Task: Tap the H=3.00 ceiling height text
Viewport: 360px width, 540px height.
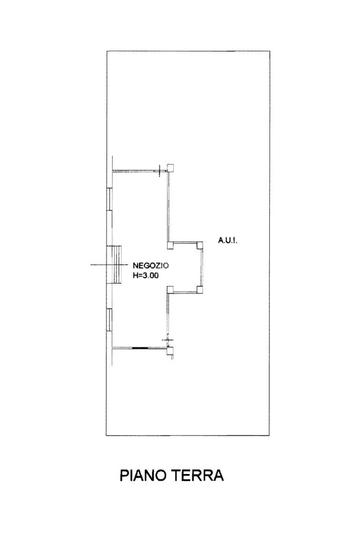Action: coord(145,275)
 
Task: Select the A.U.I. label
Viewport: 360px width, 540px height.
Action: coord(228,240)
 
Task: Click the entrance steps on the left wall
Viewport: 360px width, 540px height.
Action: coord(115,264)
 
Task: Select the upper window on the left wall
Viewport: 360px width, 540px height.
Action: coord(109,199)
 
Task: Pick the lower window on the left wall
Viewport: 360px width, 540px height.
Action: coord(109,320)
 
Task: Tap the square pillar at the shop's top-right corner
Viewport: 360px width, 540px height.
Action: coord(171,167)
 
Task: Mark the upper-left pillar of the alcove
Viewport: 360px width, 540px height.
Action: coord(170,245)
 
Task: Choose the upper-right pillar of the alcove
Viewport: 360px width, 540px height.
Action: coord(199,245)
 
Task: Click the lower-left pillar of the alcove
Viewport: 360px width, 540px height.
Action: coord(170,289)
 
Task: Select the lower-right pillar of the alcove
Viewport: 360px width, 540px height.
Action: coord(199,289)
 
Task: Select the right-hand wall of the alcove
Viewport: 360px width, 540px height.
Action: coord(202,267)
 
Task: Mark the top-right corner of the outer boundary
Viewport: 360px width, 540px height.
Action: coord(270,51)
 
